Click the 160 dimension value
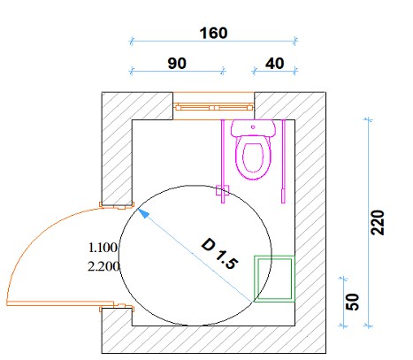pyautogui.click(x=213, y=33)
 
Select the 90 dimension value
pyautogui.click(x=177, y=64)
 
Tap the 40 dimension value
pyautogui.click(x=275, y=64)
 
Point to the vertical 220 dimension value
pyautogui.click(x=378, y=223)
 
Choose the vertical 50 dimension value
pyautogui.click(x=352, y=302)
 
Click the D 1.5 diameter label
pyautogui.click(x=219, y=254)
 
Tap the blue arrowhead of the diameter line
pyautogui.click(x=143, y=213)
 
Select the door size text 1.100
pyautogui.click(x=103, y=248)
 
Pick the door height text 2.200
pyautogui.click(x=103, y=267)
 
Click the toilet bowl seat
pyautogui.click(x=253, y=157)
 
